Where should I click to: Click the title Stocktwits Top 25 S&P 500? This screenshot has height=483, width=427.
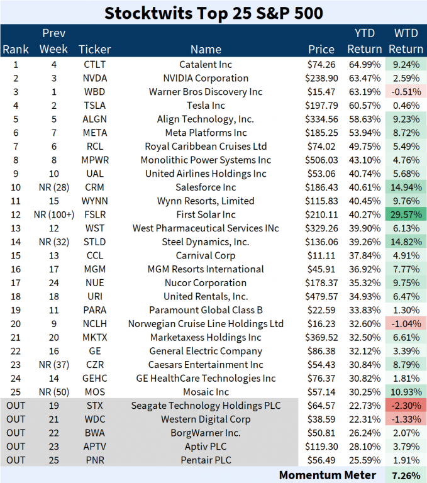213,13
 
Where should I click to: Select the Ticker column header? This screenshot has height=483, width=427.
95,49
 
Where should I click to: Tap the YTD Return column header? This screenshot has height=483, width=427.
364,41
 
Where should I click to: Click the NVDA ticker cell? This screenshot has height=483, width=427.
95,78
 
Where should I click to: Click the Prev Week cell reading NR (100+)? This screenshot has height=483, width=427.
53,214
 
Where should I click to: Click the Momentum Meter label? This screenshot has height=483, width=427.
327,475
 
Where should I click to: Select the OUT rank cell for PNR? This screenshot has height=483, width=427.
15,460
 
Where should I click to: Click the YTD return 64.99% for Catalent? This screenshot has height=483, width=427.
364,64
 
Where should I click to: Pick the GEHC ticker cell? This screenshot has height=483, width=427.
95,378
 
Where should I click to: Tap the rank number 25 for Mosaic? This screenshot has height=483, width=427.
15,392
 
